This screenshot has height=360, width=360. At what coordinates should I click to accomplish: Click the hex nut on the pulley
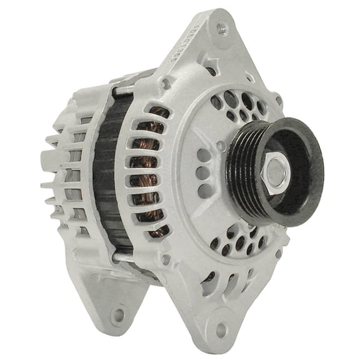coord(276,170)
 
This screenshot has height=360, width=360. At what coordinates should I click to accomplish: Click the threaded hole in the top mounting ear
coord(222,28)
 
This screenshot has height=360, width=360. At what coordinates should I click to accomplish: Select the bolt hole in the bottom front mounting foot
coord(220,329)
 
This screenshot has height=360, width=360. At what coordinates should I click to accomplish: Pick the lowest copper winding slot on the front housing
coord(157,231)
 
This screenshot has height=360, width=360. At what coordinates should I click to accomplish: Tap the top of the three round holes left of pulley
coord(204,154)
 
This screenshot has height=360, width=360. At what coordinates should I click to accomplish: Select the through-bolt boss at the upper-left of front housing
coord(165,82)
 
